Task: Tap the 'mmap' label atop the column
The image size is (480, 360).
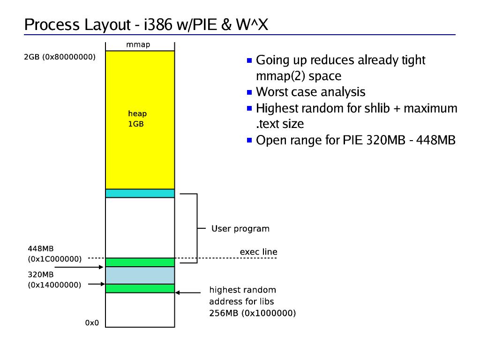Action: point(138,45)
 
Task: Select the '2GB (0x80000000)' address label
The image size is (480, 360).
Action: point(60,58)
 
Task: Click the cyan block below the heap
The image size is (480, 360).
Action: point(140,193)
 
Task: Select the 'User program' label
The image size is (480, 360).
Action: point(240,229)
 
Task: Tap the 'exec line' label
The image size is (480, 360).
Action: point(258,252)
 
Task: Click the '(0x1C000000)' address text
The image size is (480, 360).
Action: point(55,259)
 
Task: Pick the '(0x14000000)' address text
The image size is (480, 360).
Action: point(55,285)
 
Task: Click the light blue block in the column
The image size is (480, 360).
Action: point(140,275)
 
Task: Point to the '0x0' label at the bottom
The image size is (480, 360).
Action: point(92,323)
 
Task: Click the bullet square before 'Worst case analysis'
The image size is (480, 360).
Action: point(249,92)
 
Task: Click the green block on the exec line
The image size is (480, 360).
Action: point(140,262)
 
